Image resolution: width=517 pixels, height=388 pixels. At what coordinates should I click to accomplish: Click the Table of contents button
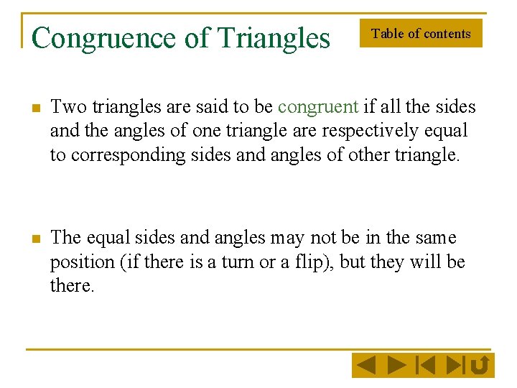click(421, 34)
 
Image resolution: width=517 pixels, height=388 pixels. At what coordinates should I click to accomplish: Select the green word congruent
click(317, 107)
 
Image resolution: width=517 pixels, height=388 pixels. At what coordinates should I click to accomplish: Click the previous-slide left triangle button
click(366, 366)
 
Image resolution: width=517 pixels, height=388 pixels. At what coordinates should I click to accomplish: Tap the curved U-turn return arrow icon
click(480, 366)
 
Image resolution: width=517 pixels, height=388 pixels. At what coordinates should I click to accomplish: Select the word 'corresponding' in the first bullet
click(129, 154)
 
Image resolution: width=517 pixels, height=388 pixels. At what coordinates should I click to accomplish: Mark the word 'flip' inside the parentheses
click(312, 262)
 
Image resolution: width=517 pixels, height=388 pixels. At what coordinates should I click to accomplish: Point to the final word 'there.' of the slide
click(72, 285)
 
